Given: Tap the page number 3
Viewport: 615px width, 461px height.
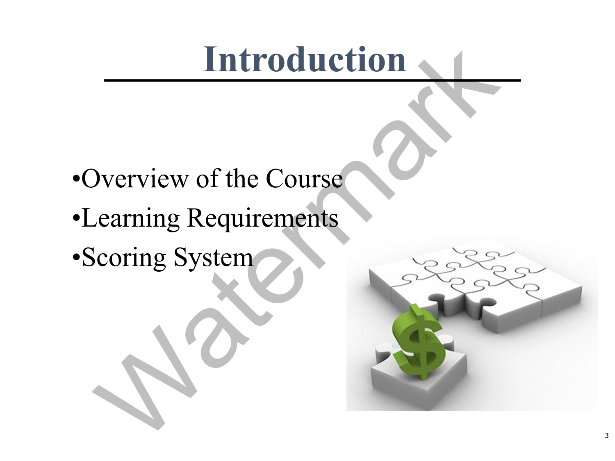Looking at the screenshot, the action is pyautogui.click(x=606, y=436).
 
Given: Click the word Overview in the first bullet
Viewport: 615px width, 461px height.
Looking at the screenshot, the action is pyautogui.click(x=135, y=178).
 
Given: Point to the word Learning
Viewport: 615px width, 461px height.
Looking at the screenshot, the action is pyautogui.click(x=130, y=218).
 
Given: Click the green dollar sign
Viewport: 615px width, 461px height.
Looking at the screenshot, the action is pyautogui.click(x=416, y=342).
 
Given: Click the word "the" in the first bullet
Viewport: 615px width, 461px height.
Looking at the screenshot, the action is pyautogui.click(x=242, y=178).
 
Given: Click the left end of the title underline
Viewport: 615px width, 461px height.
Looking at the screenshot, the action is pyautogui.click(x=105, y=81).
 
